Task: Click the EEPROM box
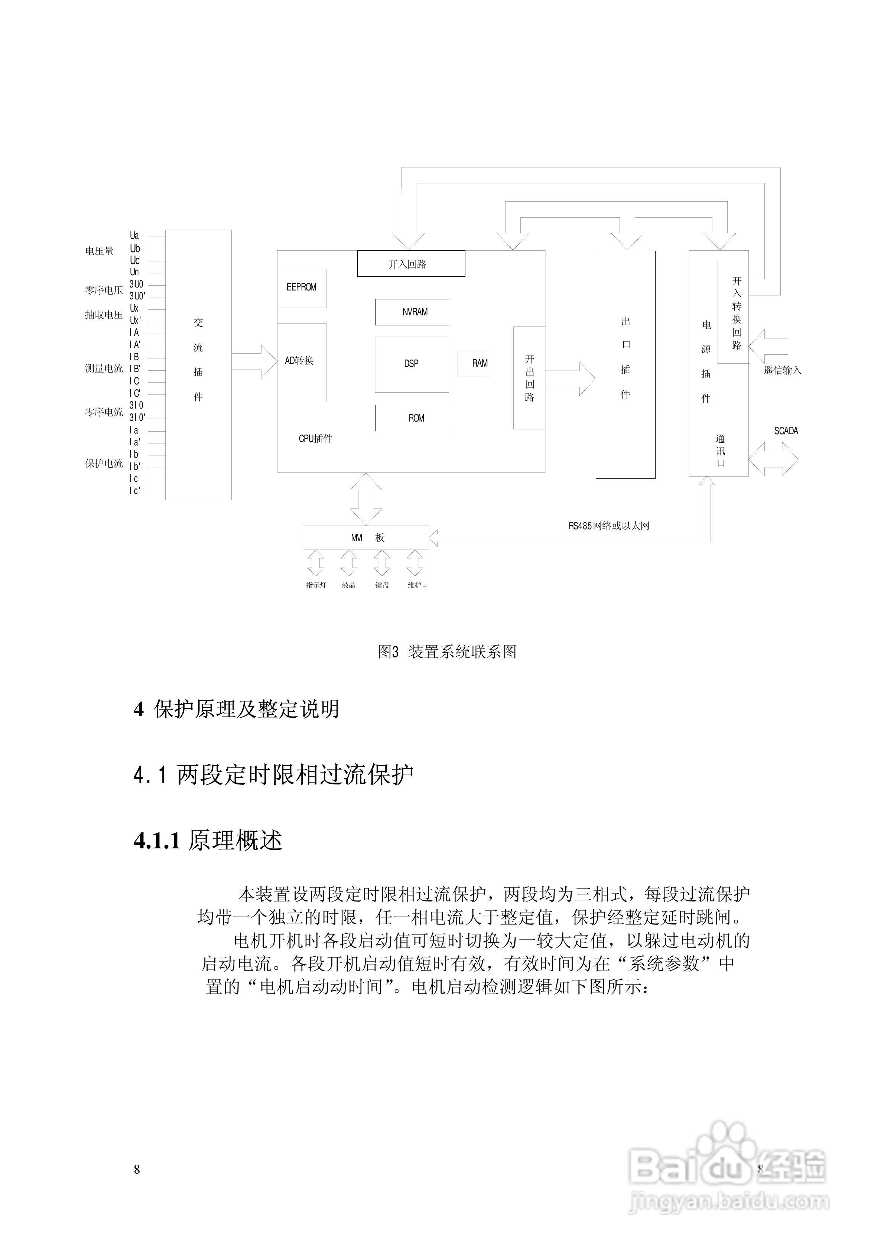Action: [301, 288]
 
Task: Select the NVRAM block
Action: [412, 312]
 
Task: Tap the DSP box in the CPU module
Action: [412, 364]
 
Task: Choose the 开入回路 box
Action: [410, 264]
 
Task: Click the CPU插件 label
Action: [315, 439]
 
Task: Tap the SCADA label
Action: [785, 431]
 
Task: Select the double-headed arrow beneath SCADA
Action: [773, 460]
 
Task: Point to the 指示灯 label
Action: [316, 585]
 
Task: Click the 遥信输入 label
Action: [782, 370]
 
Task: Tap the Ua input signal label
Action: [134, 236]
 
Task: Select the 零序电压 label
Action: [104, 290]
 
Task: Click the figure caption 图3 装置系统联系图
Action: [447, 652]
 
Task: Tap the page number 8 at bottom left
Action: [137, 1169]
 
